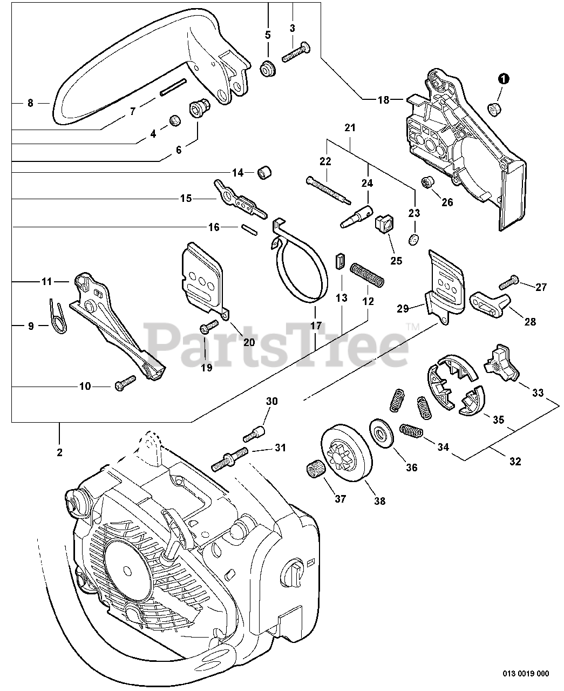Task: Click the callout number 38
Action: [379, 501]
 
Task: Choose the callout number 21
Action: [350, 128]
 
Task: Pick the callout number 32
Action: [515, 462]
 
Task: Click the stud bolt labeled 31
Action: [231, 457]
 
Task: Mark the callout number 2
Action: [59, 452]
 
